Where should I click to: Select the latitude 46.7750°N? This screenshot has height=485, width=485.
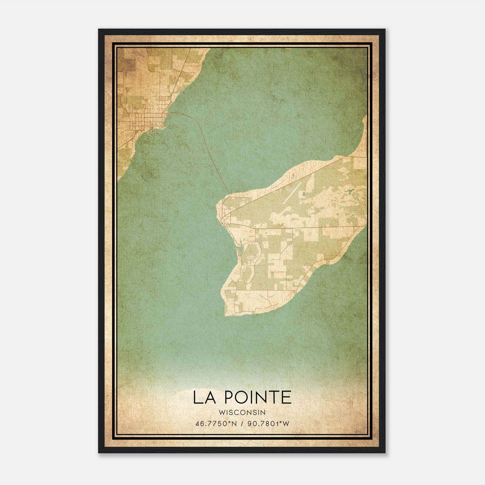pos(216,424)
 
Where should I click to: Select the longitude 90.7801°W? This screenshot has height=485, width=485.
pos(268,424)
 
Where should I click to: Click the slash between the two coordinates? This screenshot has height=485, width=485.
pos(242,424)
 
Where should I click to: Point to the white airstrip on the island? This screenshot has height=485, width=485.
pos(292,192)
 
